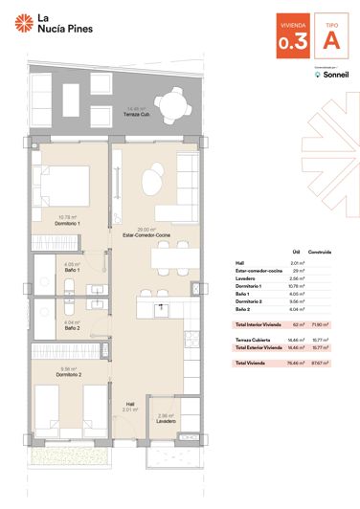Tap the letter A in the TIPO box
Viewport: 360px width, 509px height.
(330, 41)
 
